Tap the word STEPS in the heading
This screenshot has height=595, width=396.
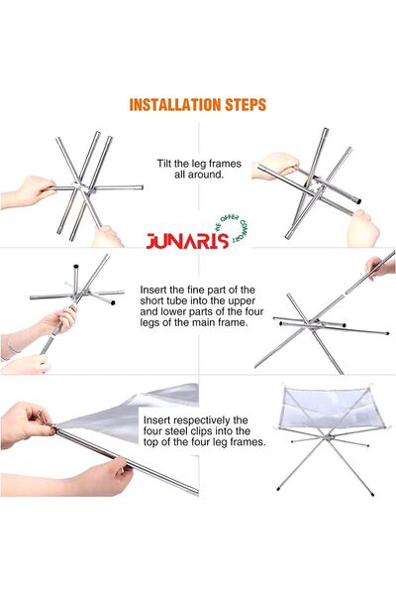point(244,104)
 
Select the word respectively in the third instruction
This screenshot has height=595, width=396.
point(204,419)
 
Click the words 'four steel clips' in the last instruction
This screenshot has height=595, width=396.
point(184,432)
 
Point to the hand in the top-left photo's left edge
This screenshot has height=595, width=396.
point(34,186)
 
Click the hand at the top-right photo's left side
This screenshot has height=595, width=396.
point(276,165)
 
